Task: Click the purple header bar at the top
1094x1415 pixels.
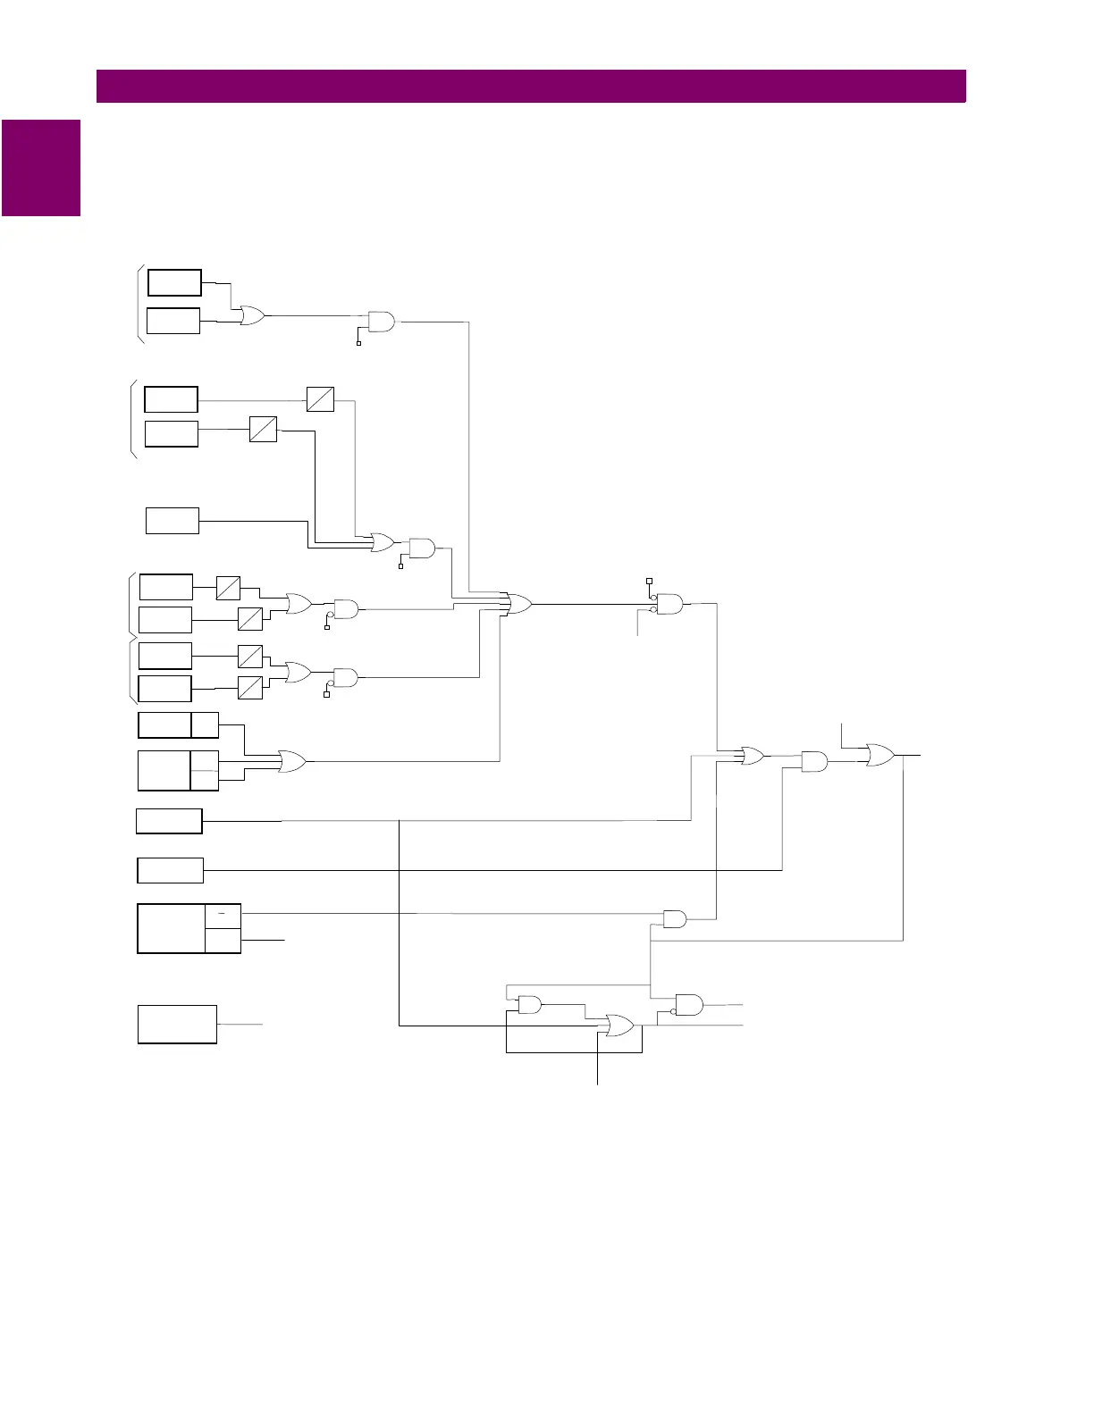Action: tap(531, 87)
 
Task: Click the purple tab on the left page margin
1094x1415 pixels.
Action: tap(41, 168)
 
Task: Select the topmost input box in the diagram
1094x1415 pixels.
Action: tap(174, 282)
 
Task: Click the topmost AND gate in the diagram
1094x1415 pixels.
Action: tap(382, 322)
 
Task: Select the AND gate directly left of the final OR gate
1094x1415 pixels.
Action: tap(814, 762)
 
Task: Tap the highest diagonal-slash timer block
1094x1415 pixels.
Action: tap(320, 398)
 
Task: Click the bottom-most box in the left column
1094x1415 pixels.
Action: tap(177, 1024)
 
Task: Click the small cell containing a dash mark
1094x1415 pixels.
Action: tap(223, 916)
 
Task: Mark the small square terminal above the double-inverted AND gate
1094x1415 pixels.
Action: tap(649, 581)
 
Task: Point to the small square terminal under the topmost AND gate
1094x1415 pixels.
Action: tap(358, 343)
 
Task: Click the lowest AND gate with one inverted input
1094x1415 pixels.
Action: tap(689, 1005)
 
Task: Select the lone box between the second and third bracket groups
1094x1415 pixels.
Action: tap(173, 520)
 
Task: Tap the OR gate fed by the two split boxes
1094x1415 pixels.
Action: tap(292, 762)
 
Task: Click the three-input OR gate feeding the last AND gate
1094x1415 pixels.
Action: tap(752, 756)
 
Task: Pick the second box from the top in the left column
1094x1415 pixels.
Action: tap(173, 321)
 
